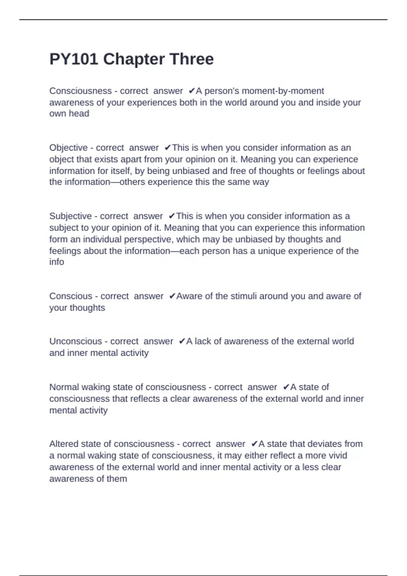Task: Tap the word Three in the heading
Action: (192, 59)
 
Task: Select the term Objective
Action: (69, 148)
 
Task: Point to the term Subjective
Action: (70, 216)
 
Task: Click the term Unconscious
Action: (76, 341)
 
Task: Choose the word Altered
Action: (62, 444)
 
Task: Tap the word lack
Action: (202, 341)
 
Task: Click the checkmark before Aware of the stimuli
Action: (172, 296)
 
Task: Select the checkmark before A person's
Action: (192, 91)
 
